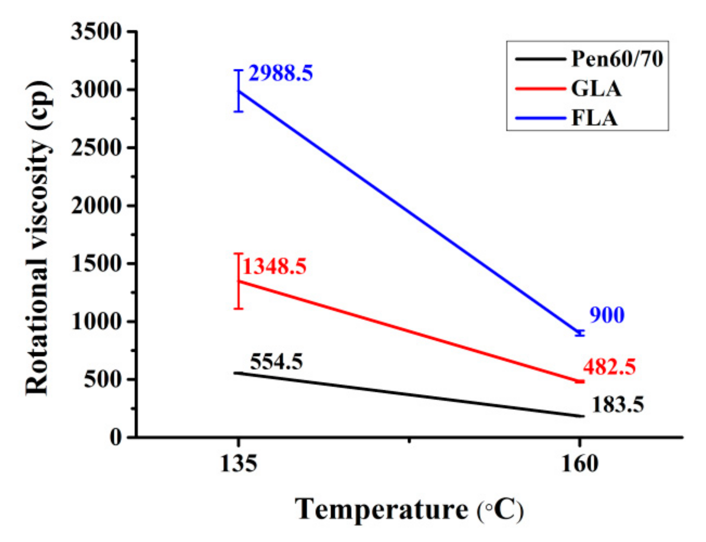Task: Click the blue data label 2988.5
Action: (280, 73)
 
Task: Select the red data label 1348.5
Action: (274, 266)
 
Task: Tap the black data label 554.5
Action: (276, 362)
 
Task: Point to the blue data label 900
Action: (606, 315)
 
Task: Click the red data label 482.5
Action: (609, 367)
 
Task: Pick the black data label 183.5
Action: (618, 404)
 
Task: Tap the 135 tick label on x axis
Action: (238, 464)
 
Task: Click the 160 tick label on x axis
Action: (579, 464)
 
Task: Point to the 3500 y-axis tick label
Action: (96, 32)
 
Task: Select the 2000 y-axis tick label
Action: (96, 206)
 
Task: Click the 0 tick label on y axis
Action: (116, 437)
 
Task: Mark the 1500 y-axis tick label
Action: (96, 264)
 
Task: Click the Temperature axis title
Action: (409, 509)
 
